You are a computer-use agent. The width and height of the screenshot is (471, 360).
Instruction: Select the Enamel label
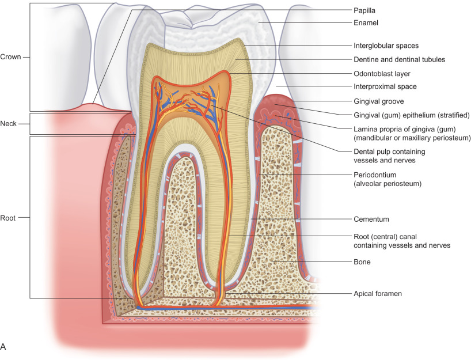coord(364,23)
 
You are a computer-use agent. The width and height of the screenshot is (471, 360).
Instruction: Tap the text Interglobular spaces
coord(385,45)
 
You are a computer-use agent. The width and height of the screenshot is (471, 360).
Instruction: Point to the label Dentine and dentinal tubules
coord(398,59)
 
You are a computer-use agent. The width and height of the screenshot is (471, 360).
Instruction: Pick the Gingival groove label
coord(377,101)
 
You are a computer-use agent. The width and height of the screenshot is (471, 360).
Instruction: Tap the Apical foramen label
coord(377,294)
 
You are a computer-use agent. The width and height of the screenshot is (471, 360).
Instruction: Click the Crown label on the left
coord(11,57)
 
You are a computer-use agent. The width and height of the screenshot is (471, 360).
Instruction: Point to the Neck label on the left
coord(10,124)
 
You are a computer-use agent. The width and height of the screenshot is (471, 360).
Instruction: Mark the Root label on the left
coord(9,218)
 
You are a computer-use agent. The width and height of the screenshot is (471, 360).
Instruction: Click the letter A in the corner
coord(5,347)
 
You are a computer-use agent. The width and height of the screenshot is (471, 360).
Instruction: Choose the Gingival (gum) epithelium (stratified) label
coord(411,115)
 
